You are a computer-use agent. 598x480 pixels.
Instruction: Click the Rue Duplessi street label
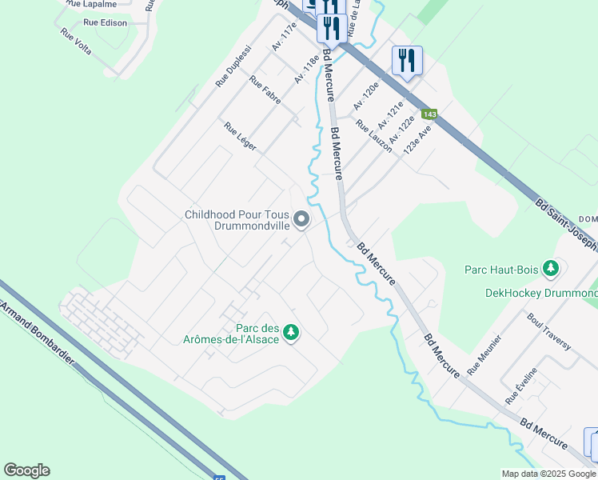pyautogui.click(x=233, y=70)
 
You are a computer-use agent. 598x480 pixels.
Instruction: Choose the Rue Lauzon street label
pyautogui.click(x=373, y=136)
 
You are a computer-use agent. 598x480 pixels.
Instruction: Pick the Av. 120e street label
pyautogui.click(x=365, y=95)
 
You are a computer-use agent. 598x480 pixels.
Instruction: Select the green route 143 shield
pyautogui.click(x=430, y=114)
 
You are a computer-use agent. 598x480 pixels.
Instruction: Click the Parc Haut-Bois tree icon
pyautogui.click(x=550, y=268)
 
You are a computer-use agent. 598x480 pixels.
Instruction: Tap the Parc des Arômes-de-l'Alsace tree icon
pyautogui.click(x=292, y=331)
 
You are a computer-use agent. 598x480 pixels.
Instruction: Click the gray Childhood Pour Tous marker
pyautogui.click(x=301, y=219)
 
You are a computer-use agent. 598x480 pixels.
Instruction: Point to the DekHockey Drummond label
pyautogui.click(x=541, y=293)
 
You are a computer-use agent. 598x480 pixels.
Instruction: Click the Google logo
pyautogui.click(x=26, y=470)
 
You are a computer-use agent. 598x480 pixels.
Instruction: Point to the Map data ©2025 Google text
pyautogui.click(x=548, y=473)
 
